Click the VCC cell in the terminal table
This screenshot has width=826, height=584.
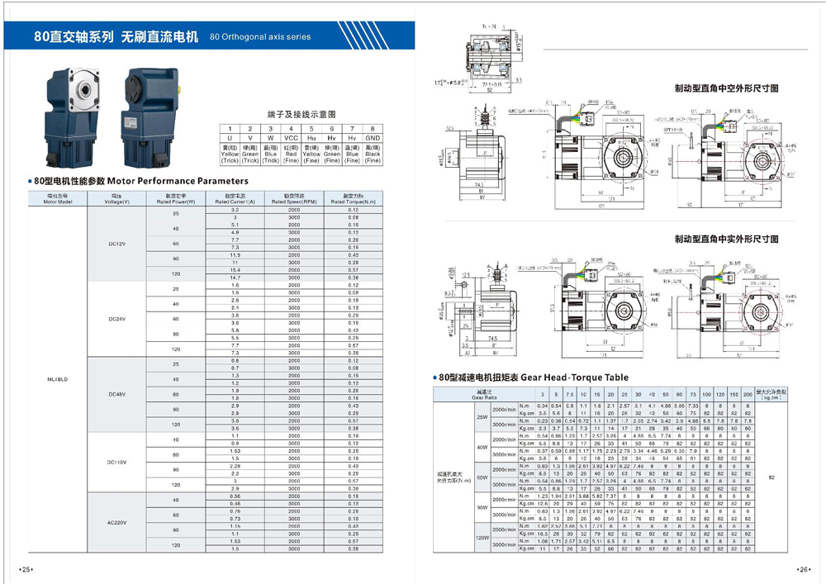[x=291, y=138]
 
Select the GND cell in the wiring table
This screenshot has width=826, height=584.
[x=373, y=138]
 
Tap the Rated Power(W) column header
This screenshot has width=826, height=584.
[x=175, y=199]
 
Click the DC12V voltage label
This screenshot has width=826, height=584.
[x=116, y=244]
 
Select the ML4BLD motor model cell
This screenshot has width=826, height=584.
[x=58, y=380]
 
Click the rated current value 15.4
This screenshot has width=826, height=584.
[x=235, y=270]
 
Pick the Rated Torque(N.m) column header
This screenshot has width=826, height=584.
[x=353, y=199]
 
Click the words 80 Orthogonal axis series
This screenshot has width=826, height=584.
[x=261, y=37]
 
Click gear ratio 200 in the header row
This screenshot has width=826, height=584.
[x=748, y=395]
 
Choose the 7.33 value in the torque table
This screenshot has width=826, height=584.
[x=694, y=406]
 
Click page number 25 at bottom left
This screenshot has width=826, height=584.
[x=26, y=569]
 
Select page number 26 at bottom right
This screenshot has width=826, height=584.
[x=803, y=569]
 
